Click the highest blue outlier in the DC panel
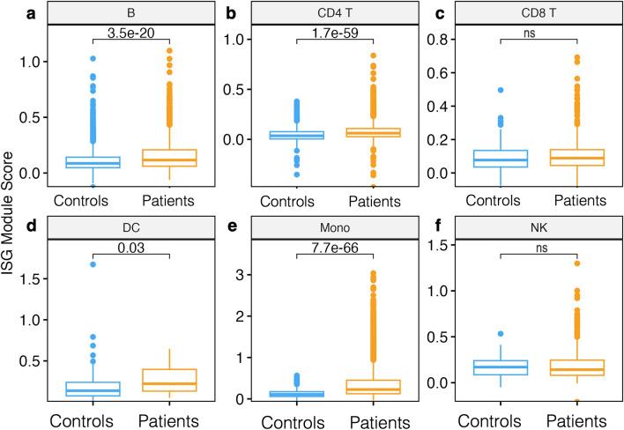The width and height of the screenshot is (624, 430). (x=91, y=263)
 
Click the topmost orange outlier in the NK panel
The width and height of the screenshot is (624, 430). (x=577, y=263)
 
